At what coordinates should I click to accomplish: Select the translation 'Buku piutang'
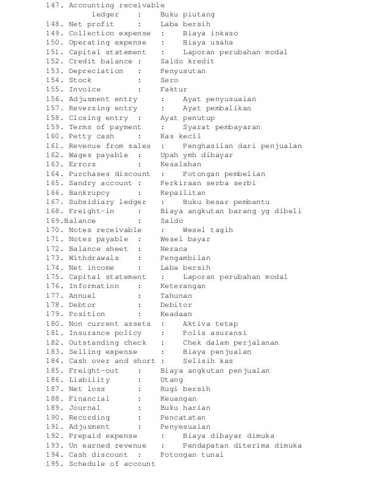pos(187,15)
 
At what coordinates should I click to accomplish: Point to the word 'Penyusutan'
pos(183,71)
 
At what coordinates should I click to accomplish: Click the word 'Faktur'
pos(174,90)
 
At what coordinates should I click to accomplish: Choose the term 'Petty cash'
pos(91,136)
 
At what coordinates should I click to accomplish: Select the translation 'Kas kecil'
pos(180,136)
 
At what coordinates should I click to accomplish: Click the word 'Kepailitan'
pos(183,192)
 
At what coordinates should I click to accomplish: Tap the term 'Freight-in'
pos(91,211)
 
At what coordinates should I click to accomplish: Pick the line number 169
pos(53,220)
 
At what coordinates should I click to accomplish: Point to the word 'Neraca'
pos(174,249)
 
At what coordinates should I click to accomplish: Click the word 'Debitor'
pos(176,305)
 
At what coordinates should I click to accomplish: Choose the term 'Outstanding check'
pos(107,342)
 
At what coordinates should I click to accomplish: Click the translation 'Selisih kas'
pos(207,361)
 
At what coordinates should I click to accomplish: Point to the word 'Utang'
pos(171,380)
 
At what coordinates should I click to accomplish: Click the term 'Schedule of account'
pos(112,464)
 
